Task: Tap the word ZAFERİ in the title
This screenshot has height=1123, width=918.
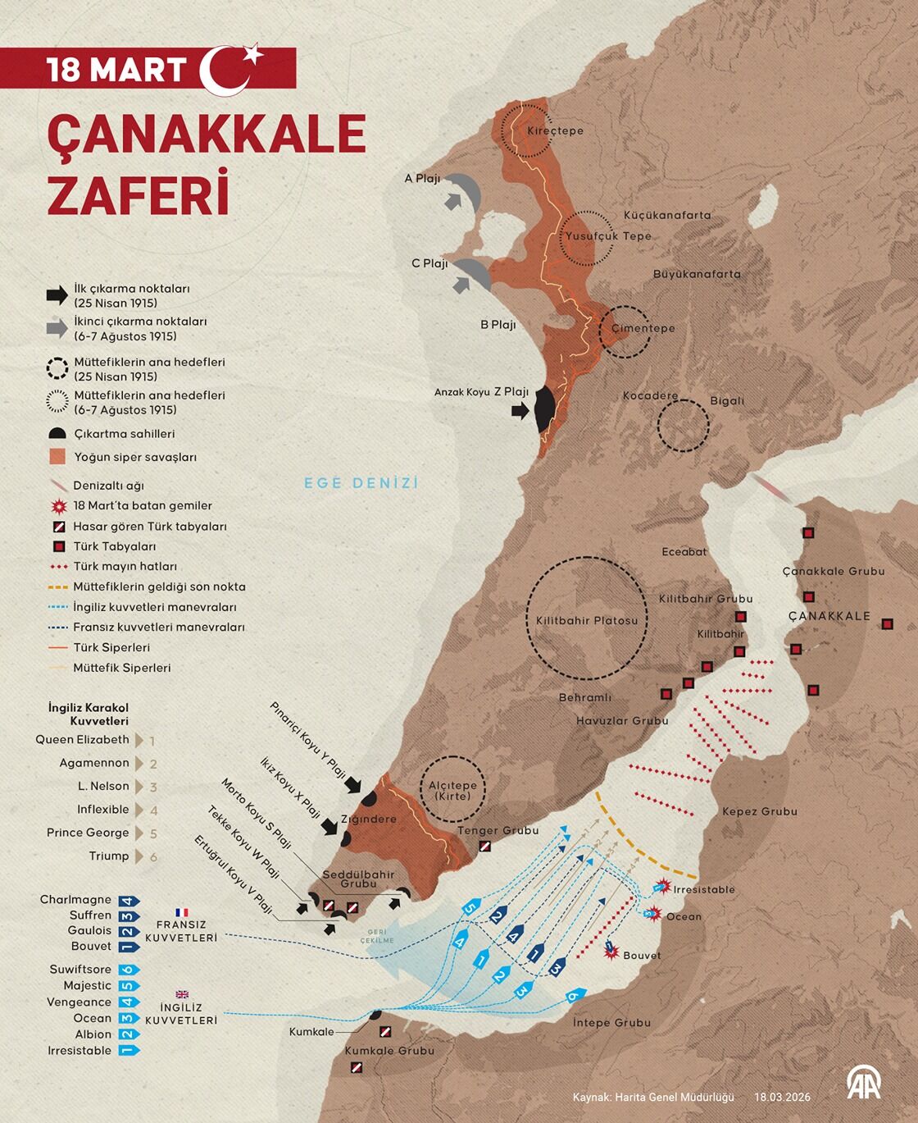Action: pos(137,194)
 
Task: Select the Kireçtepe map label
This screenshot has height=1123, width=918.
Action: pos(555,130)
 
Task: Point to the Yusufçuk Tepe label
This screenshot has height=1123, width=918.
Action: pos(608,236)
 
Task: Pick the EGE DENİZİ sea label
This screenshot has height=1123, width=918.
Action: pos(361,483)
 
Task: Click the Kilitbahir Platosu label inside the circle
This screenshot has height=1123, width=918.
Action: pos(587,620)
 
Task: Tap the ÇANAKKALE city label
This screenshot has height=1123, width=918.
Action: pos(829,616)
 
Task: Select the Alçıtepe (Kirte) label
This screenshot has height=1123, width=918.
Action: pos(452,790)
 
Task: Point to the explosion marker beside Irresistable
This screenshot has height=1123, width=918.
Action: pos(662,887)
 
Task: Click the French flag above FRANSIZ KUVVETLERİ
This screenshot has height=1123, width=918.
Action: pos(181,912)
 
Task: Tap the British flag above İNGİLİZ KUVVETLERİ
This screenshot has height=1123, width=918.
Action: pos(181,994)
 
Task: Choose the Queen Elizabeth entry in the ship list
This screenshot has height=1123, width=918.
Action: pos(82,739)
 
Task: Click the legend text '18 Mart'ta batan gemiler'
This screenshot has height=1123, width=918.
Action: pos(143,505)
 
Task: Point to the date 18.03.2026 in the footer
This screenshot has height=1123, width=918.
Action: pos(782,1097)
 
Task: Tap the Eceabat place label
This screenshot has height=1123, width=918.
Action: pos(684,552)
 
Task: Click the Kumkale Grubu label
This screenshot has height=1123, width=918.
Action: pos(389,1051)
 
